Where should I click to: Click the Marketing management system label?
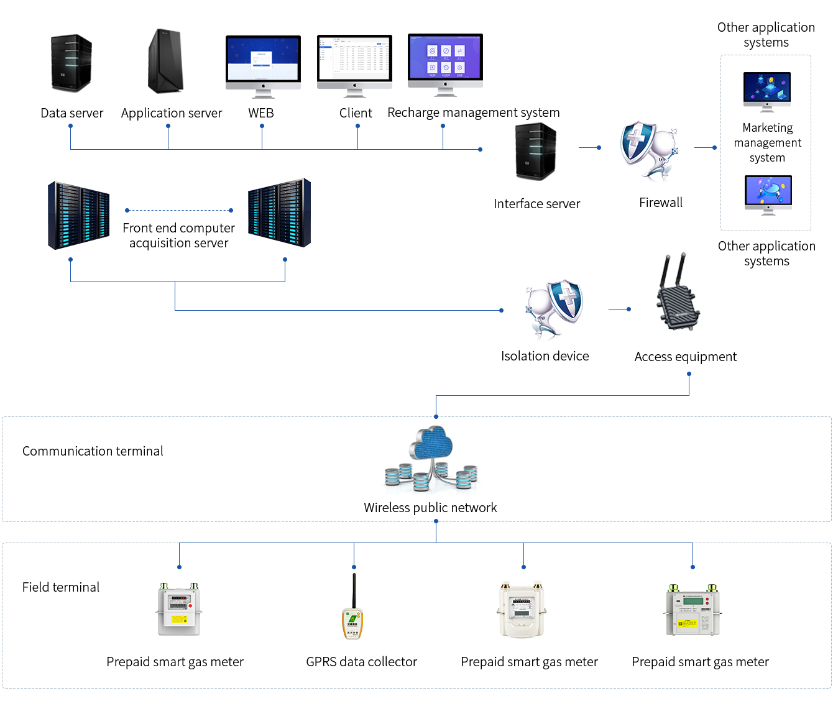pyautogui.click(x=767, y=143)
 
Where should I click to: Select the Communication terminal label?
pyautogui.click(x=93, y=451)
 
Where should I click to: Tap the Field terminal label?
pyautogui.click(x=61, y=587)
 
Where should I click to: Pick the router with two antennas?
pyautogui.click(x=678, y=292)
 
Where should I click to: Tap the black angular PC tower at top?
pyautogui.click(x=165, y=62)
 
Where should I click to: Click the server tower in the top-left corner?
pyautogui.click(x=71, y=63)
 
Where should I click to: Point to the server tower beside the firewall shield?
pyautogui.click(x=536, y=152)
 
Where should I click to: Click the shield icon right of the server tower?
pyautogui.click(x=648, y=152)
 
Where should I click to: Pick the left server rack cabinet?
pyautogui.click(x=79, y=216)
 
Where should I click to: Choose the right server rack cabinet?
pyautogui.click(x=279, y=213)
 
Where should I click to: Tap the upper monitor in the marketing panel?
pyautogui.click(x=767, y=92)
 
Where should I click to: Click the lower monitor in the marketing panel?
pyautogui.click(x=768, y=195)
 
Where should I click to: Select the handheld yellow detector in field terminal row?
pyautogui.click(x=352, y=607)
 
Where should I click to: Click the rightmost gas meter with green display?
pyautogui.click(x=693, y=610)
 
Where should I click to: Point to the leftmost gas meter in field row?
pyautogui.click(x=179, y=609)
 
